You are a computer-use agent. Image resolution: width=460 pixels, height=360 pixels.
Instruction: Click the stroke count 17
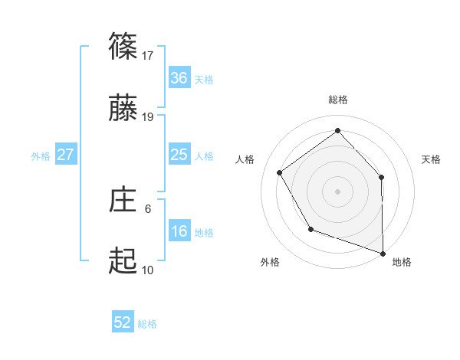pyautogui.click(x=149, y=55)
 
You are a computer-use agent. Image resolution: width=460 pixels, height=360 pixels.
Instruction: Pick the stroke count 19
pyautogui.click(x=149, y=116)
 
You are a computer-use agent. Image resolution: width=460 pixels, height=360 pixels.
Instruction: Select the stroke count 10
pyautogui.click(x=148, y=270)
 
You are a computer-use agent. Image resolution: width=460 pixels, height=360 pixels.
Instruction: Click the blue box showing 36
pyautogui.click(x=179, y=78)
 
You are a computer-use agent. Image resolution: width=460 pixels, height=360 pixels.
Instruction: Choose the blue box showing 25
pyautogui.click(x=179, y=155)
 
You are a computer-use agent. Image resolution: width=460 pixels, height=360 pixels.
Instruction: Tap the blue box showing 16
pyautogui.click(x=179, y=231)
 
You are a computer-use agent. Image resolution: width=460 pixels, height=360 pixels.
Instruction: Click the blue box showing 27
pyautogui.click(x=66, y=155)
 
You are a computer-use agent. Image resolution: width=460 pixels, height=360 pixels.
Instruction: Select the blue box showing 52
pyautogui.click(x=123, y=322)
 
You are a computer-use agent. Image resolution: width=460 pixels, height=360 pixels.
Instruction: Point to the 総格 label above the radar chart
pyautogui.click(x=338, y=100)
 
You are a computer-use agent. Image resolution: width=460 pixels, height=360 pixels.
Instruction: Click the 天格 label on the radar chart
pyautogui.click(x=432, y=159)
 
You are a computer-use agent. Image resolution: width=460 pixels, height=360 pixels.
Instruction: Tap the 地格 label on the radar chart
pyautogui.click(x=402, y=262)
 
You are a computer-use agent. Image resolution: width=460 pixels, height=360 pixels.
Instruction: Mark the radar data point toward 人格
pyautogui.click(x=280, y=173)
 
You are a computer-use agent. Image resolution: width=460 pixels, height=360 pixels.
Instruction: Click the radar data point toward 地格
pyautogui.click(x=383, y=253)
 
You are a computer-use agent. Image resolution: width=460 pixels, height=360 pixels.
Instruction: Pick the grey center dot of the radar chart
pyautogui.click(x=337, y=191)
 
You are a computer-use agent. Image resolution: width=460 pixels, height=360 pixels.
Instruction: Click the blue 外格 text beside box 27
pyautogui.click(x=41, y=156)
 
